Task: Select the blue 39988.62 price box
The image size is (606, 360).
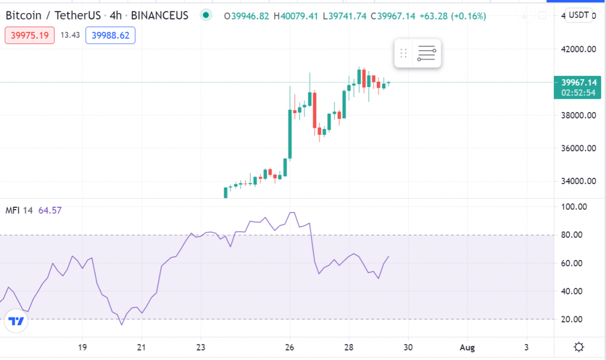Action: (x=110, y=36)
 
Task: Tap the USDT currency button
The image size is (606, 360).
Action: (x=578, y=15)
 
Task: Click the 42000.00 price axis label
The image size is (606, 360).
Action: (x=578, y=50)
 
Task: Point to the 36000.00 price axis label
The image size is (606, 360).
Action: (x=578, y=149)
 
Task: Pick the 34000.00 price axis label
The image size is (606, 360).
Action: (x=578, y=182)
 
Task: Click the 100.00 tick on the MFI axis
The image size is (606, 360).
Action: (x=573, y=207)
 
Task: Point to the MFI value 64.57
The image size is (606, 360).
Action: (x=50, y=210)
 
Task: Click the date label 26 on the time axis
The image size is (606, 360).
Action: (x=290, y=347)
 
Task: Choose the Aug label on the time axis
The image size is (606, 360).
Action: (x=468, y=347)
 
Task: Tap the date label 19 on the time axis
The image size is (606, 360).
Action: (x=82, y=347)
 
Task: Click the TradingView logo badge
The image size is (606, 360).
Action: (x=17, y=322)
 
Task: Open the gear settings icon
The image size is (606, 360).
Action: (x=579, y=347)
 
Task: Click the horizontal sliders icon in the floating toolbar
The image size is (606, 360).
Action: (x=427, y=53)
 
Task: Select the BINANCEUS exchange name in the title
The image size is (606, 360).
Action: (x=159, y=15)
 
